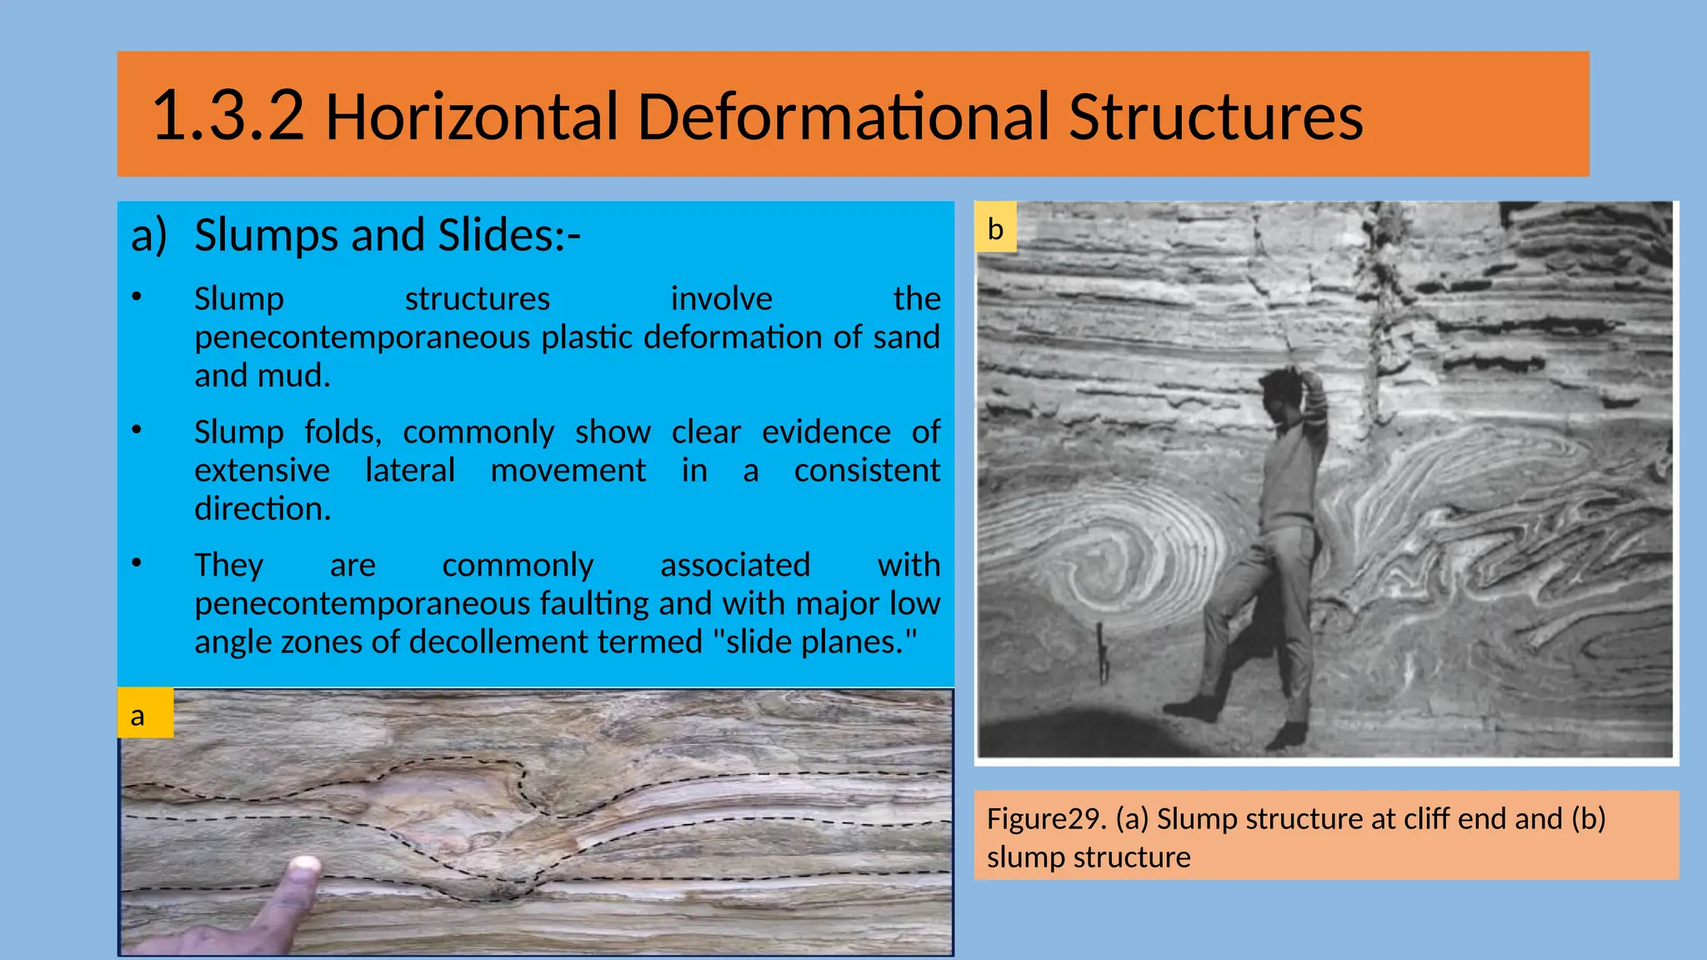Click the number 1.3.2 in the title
pos(228,116)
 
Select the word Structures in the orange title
pos(1215,116)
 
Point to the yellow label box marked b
pos(995,227)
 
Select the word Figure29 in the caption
pos(1046,819)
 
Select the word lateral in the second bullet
pos(410,471)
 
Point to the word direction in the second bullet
pos(262,509)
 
